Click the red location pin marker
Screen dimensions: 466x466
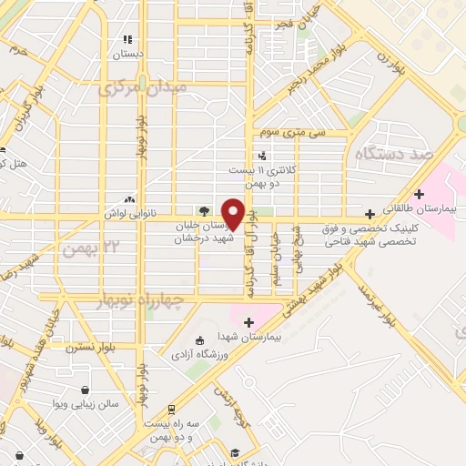coord(233,213)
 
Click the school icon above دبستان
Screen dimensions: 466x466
coord(128,40)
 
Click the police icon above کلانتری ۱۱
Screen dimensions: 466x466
coord(262,156)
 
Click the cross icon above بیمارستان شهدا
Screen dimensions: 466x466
coord(248,321)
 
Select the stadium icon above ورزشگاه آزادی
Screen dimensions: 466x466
coord(187,339)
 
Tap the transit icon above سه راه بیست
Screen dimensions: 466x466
coord(169,410)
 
